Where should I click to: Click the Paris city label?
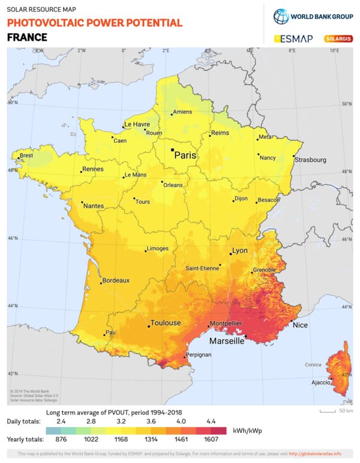pos(185,155)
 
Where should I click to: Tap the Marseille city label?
pos(226,341)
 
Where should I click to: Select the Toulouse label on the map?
pos(165,323)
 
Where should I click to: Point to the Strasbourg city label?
pos(310,160)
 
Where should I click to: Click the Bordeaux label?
pos(116,280)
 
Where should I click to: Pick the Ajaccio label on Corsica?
pos(319,382)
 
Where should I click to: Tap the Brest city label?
pos(26,155)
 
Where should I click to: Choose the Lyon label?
pos(239,251)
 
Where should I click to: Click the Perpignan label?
pos(199,354)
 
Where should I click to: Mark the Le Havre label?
pos(136,125)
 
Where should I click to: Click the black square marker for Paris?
pos(172,150)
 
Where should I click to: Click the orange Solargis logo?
pos(338,38)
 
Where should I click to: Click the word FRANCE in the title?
pos(26,37)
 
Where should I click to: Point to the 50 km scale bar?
pos(328,411)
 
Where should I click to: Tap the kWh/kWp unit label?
pos(248,431)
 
